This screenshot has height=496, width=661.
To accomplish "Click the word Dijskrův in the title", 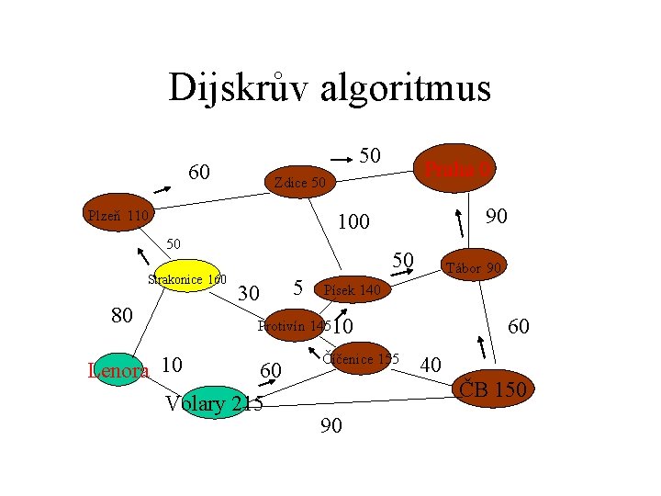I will tap(238, 88).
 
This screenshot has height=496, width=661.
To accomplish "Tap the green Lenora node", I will tap(118, 371).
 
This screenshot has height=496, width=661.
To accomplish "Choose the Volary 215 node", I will tap(212, 403).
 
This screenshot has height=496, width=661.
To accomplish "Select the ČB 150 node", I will tap(491, 389).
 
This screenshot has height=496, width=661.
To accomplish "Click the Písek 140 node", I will tap(353, 290).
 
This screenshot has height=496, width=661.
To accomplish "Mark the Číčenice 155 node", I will tap(359, 359).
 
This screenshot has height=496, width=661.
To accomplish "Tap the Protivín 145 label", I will tap(294, 326).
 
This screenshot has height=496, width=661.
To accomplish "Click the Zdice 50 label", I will tap(299, 184).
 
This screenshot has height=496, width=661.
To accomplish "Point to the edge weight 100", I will tap(353, 222).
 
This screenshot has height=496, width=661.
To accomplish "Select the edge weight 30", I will tap(248, 294).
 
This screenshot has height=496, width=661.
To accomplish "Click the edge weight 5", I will tap(298, 287).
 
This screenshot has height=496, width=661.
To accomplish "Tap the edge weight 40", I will tap(431, 366).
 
